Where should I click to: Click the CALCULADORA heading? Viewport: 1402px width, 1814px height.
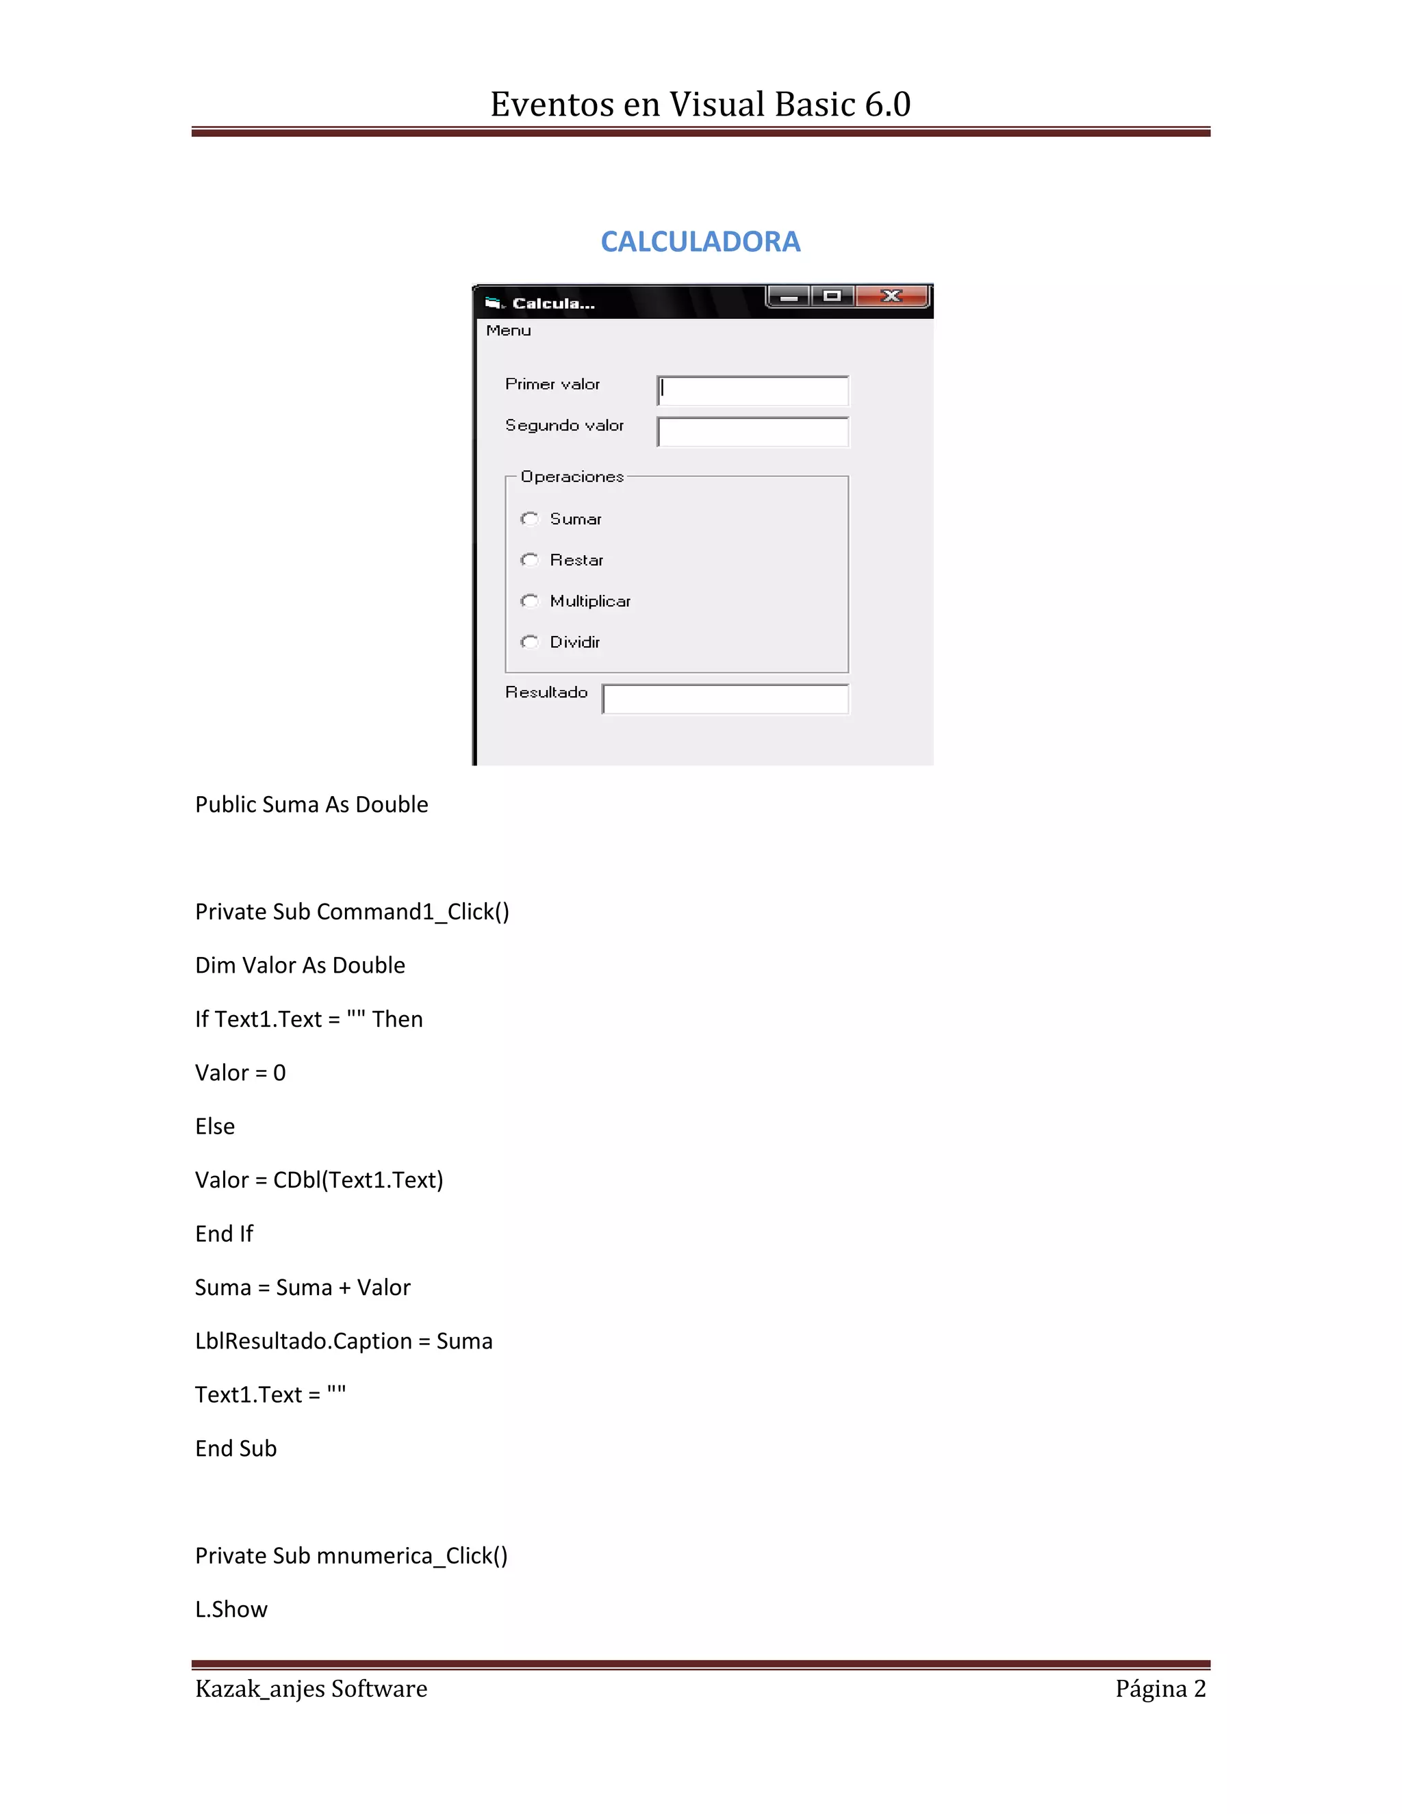[700, 242]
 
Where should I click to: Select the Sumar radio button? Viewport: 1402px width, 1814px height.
[530, 519]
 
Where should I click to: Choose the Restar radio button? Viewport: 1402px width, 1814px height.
[530, 560]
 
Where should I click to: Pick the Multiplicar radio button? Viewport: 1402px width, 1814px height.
[530, 600]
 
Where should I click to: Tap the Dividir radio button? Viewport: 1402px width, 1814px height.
[530, 642]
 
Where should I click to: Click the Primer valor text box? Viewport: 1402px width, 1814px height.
[752, 390]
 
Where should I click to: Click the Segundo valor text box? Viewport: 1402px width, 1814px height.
[752, 432]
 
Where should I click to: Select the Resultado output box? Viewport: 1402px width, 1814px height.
[725, 700]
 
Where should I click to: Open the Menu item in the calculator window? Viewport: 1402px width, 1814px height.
[509, 331]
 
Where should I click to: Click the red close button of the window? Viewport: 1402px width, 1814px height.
[892, 296]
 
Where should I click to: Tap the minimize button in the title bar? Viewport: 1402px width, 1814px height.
[789, 296]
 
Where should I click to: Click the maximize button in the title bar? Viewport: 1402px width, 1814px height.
[832, 296]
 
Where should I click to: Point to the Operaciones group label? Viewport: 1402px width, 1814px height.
[572, 476]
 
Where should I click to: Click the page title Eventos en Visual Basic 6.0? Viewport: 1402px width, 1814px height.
[700, 105]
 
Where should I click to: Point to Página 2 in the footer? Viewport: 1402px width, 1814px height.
[1160, 1689]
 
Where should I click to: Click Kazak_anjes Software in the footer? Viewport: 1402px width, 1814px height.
[311, 1689]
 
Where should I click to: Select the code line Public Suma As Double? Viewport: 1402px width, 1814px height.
[311, 804]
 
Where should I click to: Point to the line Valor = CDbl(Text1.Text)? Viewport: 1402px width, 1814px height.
[319, 1179]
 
